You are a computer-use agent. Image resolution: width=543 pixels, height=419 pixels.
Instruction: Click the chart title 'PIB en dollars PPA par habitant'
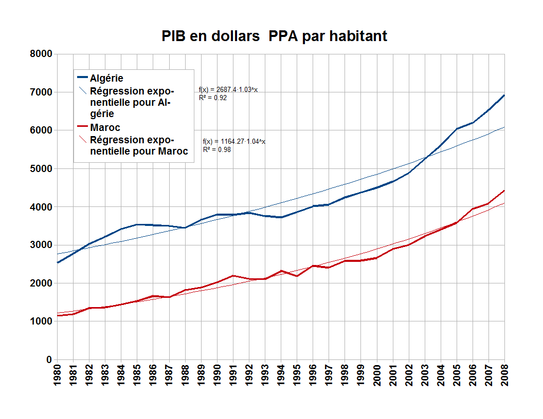274,36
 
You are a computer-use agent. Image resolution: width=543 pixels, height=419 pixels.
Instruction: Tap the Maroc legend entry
105,127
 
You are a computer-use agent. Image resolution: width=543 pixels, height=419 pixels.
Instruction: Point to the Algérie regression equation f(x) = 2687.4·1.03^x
228,90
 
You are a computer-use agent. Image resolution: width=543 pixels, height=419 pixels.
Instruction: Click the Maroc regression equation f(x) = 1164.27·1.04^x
234,142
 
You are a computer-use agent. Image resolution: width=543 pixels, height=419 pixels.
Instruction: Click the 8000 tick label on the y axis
41,54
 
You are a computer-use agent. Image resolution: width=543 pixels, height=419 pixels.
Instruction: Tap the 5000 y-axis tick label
41,168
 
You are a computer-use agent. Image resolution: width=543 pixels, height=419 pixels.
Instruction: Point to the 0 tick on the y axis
49,359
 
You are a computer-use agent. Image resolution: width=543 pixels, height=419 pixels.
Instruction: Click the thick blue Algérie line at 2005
457,129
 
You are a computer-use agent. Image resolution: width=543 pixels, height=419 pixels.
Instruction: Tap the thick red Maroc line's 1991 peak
233,276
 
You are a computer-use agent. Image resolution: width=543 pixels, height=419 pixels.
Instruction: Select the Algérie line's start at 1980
58,262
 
